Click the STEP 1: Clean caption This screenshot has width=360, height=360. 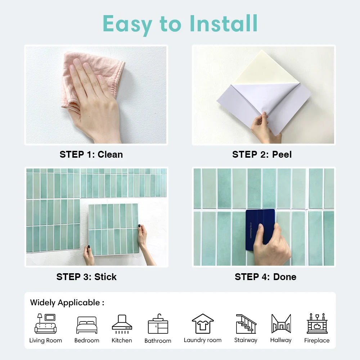point(91,154)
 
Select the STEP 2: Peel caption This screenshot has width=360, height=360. point(262,154)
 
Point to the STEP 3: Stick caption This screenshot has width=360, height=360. point(86,277)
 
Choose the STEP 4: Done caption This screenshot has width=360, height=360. point(265,277)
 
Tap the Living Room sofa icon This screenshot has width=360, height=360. point(46,324)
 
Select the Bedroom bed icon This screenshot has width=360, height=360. point(87,325)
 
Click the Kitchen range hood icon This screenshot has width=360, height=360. point(122,323)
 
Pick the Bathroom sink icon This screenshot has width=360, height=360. point(158,324)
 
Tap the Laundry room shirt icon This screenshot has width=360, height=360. point(203,324)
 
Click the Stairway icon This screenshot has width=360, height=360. point(246,324)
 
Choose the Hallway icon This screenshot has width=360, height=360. point(281,324)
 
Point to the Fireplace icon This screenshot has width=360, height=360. point(317,324)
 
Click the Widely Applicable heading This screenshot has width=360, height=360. point(67,302)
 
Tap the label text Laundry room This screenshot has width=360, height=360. point(203,340)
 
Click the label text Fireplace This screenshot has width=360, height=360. point(317,341)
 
